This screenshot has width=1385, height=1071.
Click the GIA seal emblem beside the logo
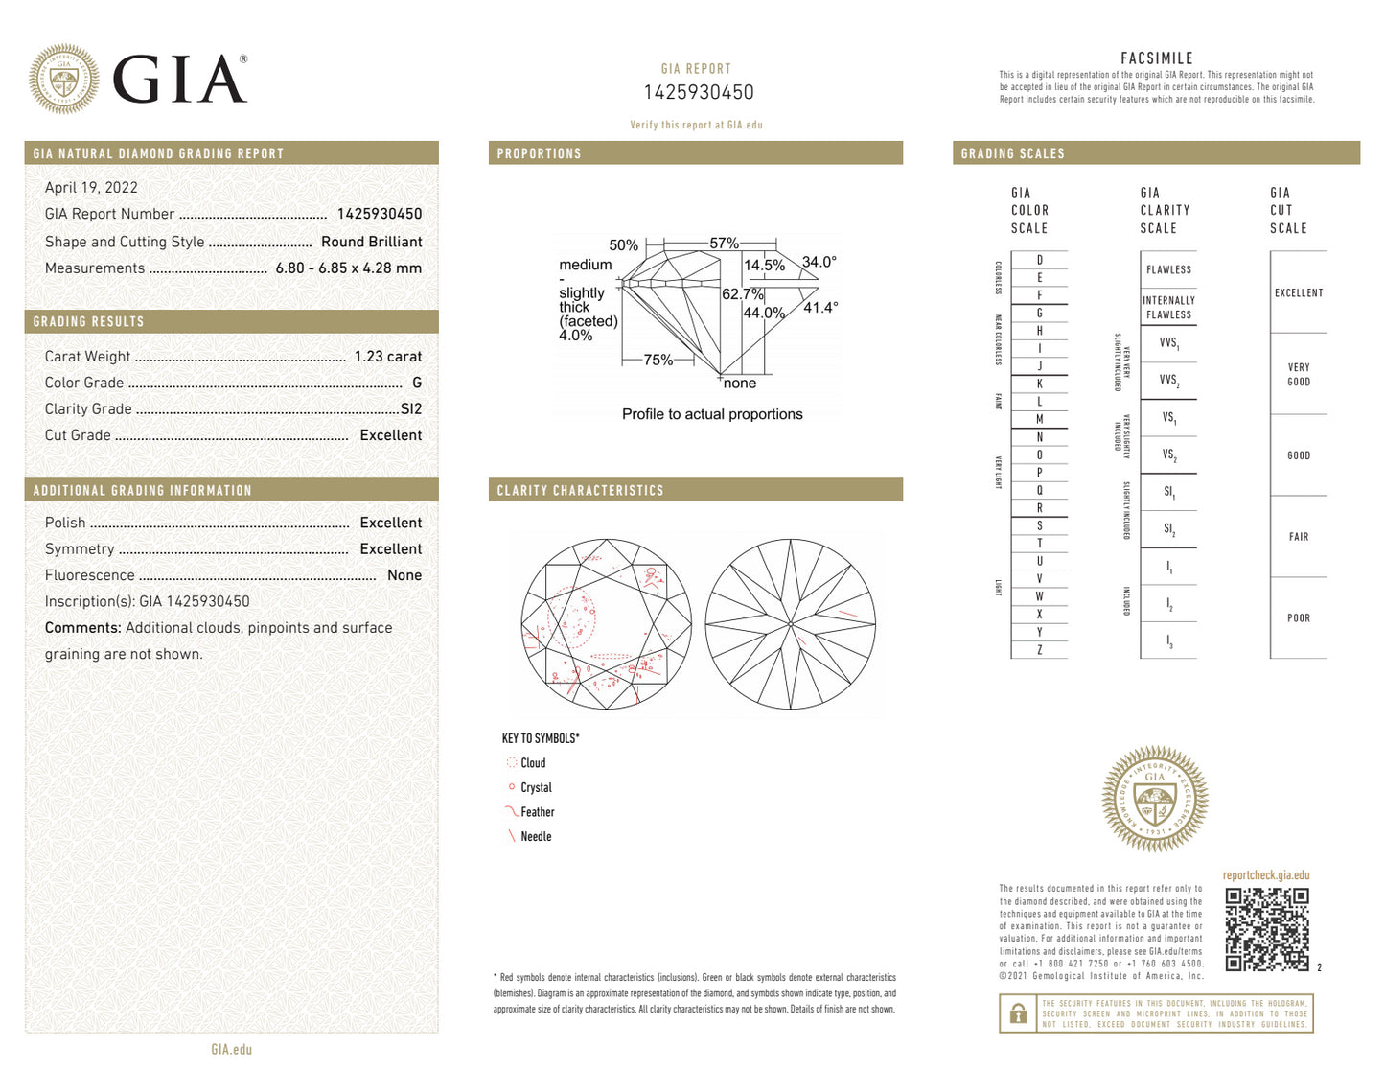tap(63, 79)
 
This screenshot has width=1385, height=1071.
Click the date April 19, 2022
tap(91, 188)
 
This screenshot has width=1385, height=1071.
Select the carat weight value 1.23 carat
tap(387, 357)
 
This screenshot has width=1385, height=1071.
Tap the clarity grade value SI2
tap(410, 409)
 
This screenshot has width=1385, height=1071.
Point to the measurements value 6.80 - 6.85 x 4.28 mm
tap(348, 268)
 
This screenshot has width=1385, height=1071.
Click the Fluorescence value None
tap(404, 575)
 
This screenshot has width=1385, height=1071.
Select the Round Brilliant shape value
tap(371, 242)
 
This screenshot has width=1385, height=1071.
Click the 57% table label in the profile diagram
tap(724, 244)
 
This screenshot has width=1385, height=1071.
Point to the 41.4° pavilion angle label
tap(820, 308)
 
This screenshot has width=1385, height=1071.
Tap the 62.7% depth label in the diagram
tap(742, 294)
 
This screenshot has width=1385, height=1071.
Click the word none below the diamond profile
tap(739, 384)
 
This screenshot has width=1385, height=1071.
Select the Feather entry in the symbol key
tap(537, 812)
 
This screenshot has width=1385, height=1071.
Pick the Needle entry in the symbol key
tap(535, 837)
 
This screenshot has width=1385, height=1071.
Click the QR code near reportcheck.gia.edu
tap(1266, 929)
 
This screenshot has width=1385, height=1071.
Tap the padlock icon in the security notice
tap(1019, 1013)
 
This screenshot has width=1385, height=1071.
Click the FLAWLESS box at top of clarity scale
tap(1168, 270)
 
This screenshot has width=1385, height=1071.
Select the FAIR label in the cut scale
tap(1298, 537)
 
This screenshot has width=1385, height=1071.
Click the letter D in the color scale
tap(1039, 261)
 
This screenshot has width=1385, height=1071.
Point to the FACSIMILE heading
tap(1156, 58)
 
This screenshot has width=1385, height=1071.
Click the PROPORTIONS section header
tap(539, 153)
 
